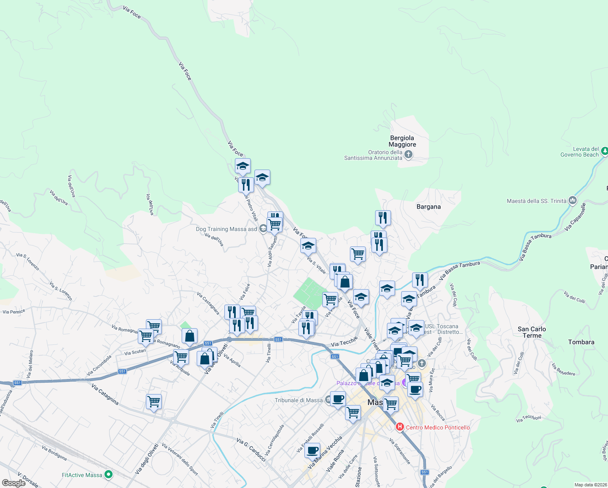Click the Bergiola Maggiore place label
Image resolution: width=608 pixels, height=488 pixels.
(402, 141)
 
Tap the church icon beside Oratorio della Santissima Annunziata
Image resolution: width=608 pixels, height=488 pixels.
(409, 155)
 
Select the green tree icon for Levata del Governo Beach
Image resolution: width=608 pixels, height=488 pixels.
(604, 151)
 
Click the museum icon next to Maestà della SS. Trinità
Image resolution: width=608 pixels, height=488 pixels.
(573, 200)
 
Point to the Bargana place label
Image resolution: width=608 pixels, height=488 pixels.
(428, 207)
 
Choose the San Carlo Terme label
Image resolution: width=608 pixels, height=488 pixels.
(532, 332)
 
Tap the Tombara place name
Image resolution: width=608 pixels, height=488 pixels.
(581, 342)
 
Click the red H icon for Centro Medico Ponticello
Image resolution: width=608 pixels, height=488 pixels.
(400, 427)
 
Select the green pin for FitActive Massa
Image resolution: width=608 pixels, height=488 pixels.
(109, 475)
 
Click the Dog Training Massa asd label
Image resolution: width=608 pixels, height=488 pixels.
(226, 229)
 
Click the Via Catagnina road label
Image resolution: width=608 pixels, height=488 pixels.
(105, 394)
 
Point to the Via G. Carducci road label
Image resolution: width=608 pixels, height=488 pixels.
(251, 450)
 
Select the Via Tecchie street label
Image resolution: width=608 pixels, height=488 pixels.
(344, 342)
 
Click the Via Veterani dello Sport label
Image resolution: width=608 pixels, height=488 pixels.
(180, 459)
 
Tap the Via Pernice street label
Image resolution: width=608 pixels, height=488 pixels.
(14, 312)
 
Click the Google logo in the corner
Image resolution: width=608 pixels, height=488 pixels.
(14, 483)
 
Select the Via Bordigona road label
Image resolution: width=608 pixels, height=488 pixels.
(54, 453)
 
